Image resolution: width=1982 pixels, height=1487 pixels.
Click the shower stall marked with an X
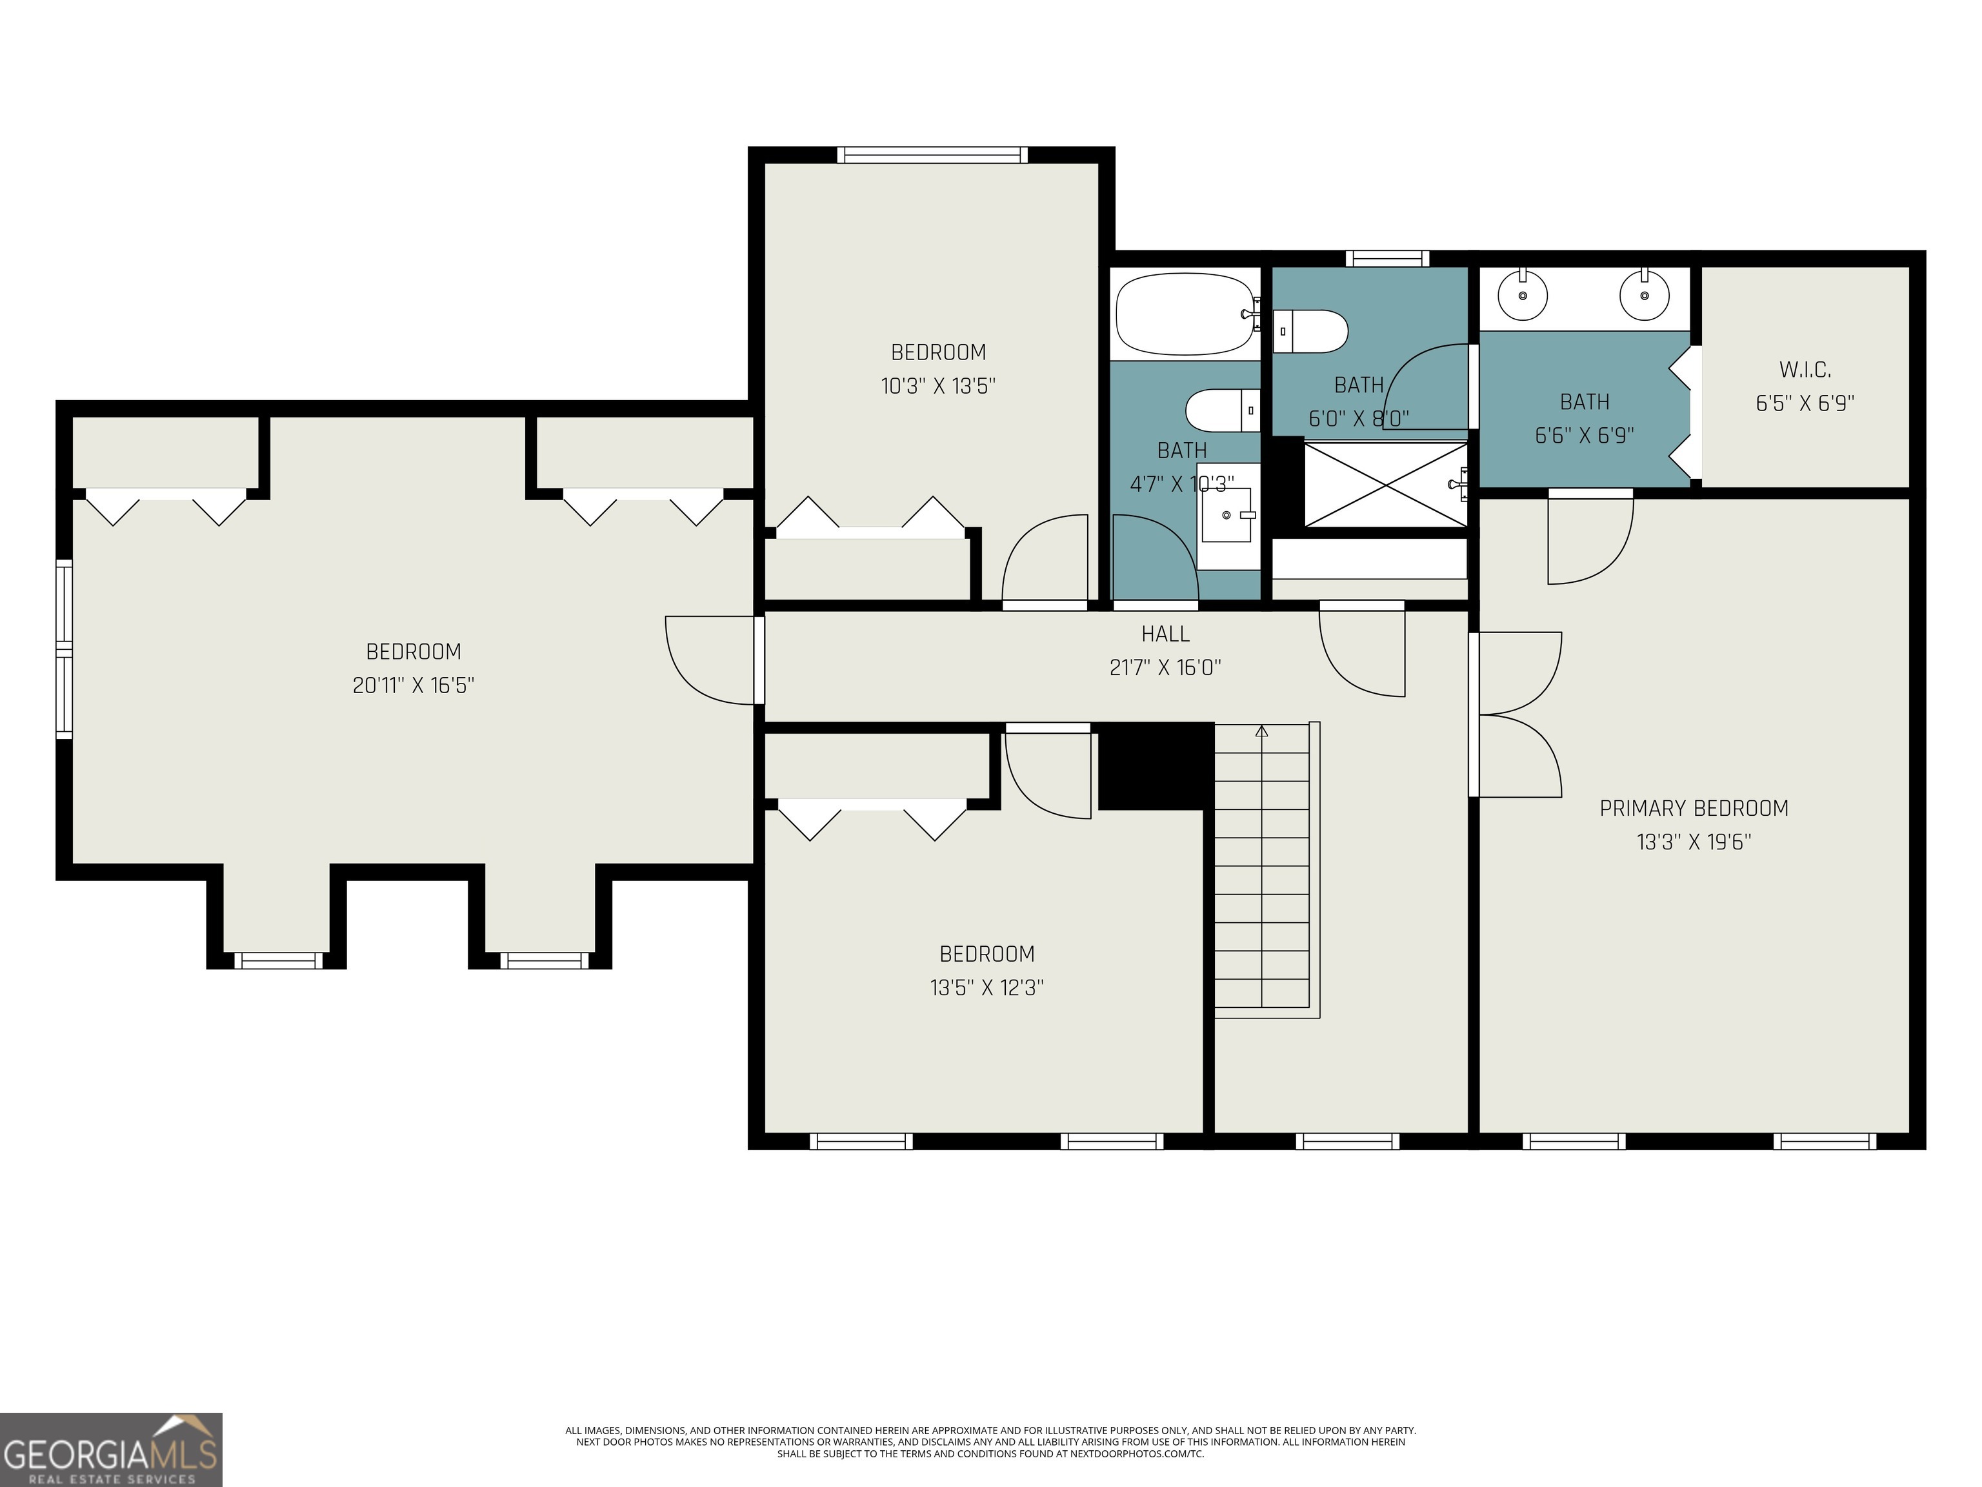1385,485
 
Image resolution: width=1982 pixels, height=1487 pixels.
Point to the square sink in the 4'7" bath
1226,516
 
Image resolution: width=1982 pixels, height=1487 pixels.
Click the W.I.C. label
1805,369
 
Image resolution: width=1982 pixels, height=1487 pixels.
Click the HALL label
1165,634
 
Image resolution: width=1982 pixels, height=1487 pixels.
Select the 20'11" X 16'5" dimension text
413,685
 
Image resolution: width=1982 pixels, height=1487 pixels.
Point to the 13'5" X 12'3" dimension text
986,987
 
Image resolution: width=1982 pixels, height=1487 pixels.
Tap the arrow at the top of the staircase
1261,731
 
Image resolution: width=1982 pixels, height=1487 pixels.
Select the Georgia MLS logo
110,1450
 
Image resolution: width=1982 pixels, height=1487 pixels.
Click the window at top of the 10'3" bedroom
932,155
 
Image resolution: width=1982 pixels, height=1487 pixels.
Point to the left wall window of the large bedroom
64,649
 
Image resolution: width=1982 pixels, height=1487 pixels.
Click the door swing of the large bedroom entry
708,661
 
